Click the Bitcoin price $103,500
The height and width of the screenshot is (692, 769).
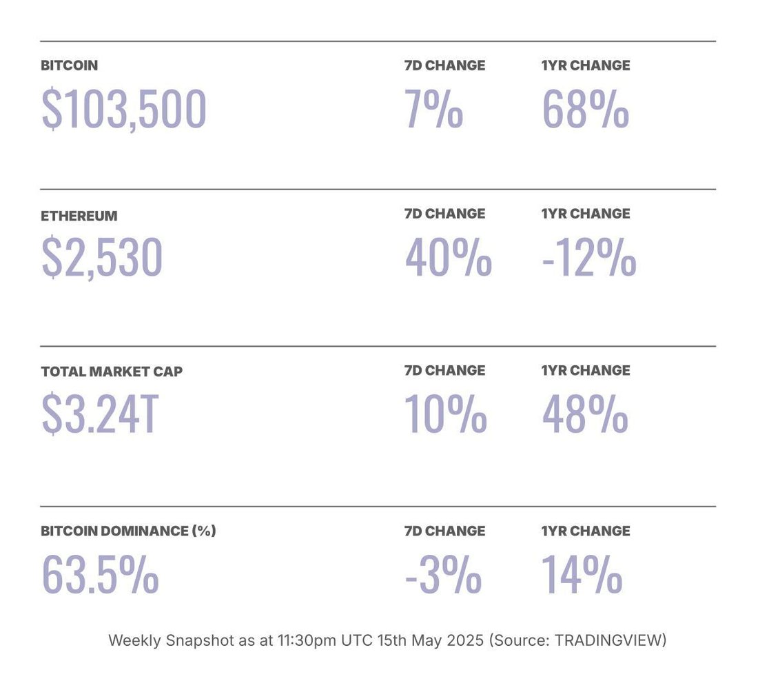[x=124, y=109]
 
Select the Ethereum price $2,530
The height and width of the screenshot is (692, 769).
[x=102, y=257]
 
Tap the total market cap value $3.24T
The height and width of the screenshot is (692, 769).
[x=100, y=414]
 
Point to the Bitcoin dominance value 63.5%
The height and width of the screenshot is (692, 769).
[x=101, y=574]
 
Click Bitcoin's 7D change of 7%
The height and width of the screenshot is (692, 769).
[x=433, y=109]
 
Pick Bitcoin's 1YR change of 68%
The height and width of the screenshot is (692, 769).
[x=585, y=109]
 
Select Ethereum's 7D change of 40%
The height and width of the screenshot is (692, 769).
[x=448, y=257]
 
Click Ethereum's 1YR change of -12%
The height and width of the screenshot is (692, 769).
[x=588, y=257]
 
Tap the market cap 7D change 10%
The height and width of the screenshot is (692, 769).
[x=446, y=414]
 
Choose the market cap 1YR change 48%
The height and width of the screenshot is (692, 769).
[x=585, y=414]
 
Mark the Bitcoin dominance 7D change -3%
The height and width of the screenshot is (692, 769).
[x=442, y=574]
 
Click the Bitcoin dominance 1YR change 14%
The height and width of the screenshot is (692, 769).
[x=582, y=574]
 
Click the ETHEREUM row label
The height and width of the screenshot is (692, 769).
[x=79, y=216]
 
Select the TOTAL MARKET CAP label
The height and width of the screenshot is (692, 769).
[x=112, y=372]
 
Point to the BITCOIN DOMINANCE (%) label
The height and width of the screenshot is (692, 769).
[x=128, y=531]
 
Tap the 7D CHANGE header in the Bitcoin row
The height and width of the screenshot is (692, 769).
[x=444, y=65]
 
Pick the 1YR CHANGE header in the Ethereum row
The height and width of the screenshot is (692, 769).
[x=586, y=214]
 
